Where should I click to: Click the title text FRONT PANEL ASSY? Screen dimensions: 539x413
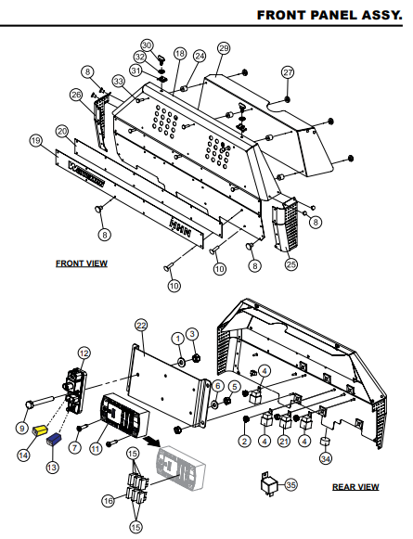click(331, 15)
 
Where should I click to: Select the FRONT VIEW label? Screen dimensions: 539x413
click(82, 263)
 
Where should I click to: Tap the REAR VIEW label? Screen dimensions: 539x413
click(355, 486)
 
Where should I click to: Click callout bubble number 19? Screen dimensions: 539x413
click(36, 140)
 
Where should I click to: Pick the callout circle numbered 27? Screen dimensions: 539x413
click(288, 72)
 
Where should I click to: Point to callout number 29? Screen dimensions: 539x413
click(223, 47)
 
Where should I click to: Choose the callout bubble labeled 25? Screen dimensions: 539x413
click(290, 264)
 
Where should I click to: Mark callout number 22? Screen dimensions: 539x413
click(141, 325)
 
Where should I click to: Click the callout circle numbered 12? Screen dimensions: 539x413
click(84, 353)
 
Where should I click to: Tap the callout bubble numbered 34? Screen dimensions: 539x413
click(325, 457)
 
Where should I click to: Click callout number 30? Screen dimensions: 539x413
click(147, 45)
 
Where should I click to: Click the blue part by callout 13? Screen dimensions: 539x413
click(55, 439)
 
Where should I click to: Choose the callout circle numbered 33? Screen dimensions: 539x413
click(118, 82)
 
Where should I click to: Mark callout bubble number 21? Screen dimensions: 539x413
click(284, 442)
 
